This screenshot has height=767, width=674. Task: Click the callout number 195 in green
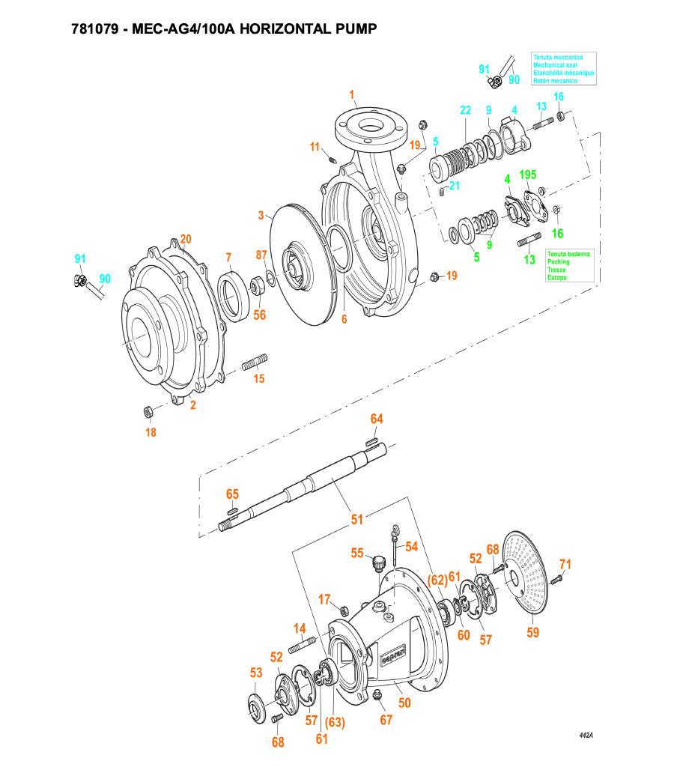point(528,175)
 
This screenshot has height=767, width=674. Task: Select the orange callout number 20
point(186,240)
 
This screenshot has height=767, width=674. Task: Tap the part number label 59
point(532,632)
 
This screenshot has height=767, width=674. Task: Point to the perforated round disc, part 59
point(533,573)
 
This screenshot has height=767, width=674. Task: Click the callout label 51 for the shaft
point(357,519)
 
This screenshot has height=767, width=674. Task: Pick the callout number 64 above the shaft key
point(377,419)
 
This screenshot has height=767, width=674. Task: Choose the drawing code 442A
point(586,736)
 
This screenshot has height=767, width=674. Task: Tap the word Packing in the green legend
point(558,262)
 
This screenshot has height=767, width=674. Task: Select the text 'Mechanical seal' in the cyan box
point(555,65)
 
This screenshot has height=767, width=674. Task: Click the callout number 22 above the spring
point(466,110)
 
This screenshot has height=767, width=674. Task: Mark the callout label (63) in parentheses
point(334,722)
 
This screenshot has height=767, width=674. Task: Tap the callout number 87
point(261,255)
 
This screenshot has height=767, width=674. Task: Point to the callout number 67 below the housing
point(386,721)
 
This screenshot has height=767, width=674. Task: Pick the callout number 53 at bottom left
point(256,673)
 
